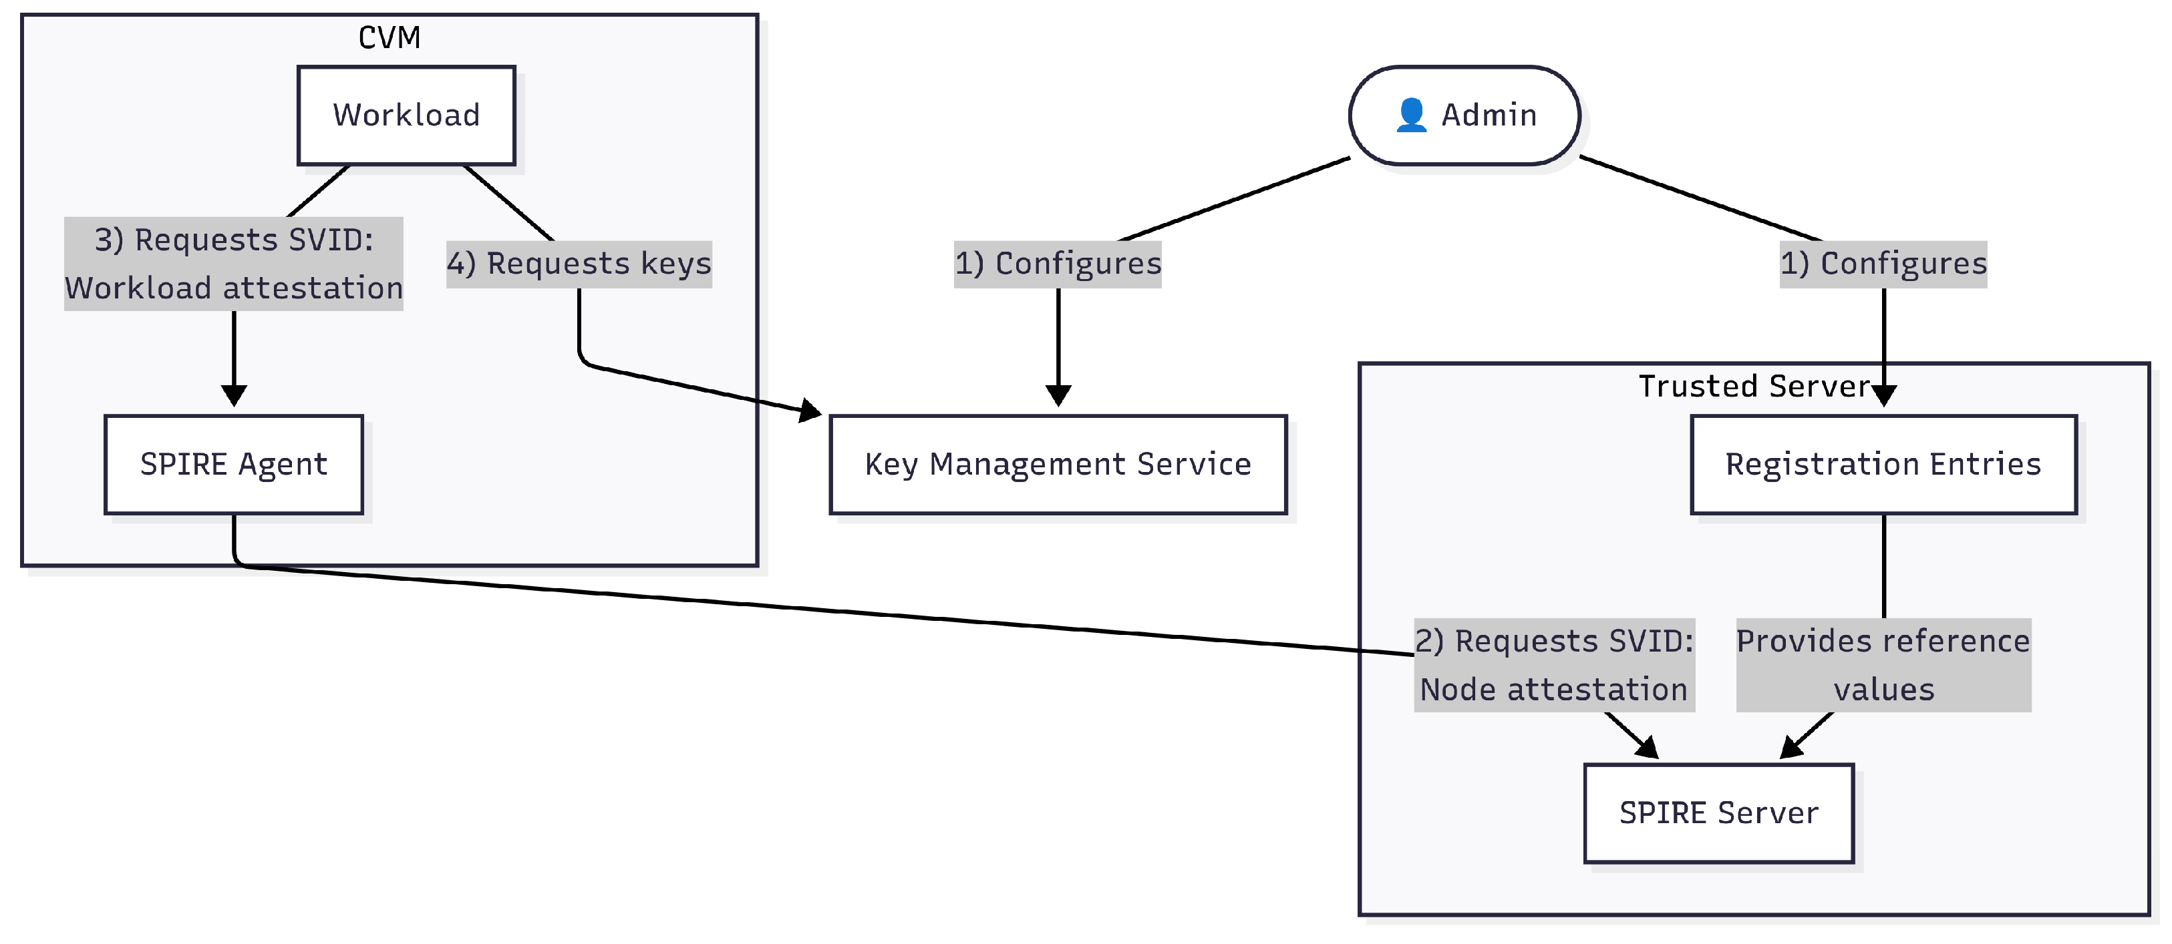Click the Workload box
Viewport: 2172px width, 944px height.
coord(406,115)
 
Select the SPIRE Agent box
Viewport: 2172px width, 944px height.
coord(234,465)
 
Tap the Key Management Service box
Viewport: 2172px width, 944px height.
coord(1058,465)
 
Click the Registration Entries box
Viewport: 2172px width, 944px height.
coord(1883,465)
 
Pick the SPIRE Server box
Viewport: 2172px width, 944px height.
coord(1718,813)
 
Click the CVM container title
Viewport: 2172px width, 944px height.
coord(389,37)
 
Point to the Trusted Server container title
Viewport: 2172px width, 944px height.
coord(1754,386)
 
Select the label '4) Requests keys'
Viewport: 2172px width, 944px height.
coord(579,264)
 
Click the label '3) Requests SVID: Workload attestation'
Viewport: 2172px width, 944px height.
coord(234,264)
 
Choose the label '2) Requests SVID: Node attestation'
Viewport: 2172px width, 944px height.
coord(1553,665)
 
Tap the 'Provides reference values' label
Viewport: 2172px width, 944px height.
coord(1883,665)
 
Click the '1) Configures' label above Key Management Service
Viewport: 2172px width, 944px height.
coord(1058,264)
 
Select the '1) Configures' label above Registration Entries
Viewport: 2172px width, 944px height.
coord(1883,264)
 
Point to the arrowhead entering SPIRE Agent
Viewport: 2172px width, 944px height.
coord(234,396)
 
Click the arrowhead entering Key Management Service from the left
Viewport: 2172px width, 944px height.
coord(810,411)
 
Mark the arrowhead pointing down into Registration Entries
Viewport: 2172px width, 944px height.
coord(1883,396)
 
